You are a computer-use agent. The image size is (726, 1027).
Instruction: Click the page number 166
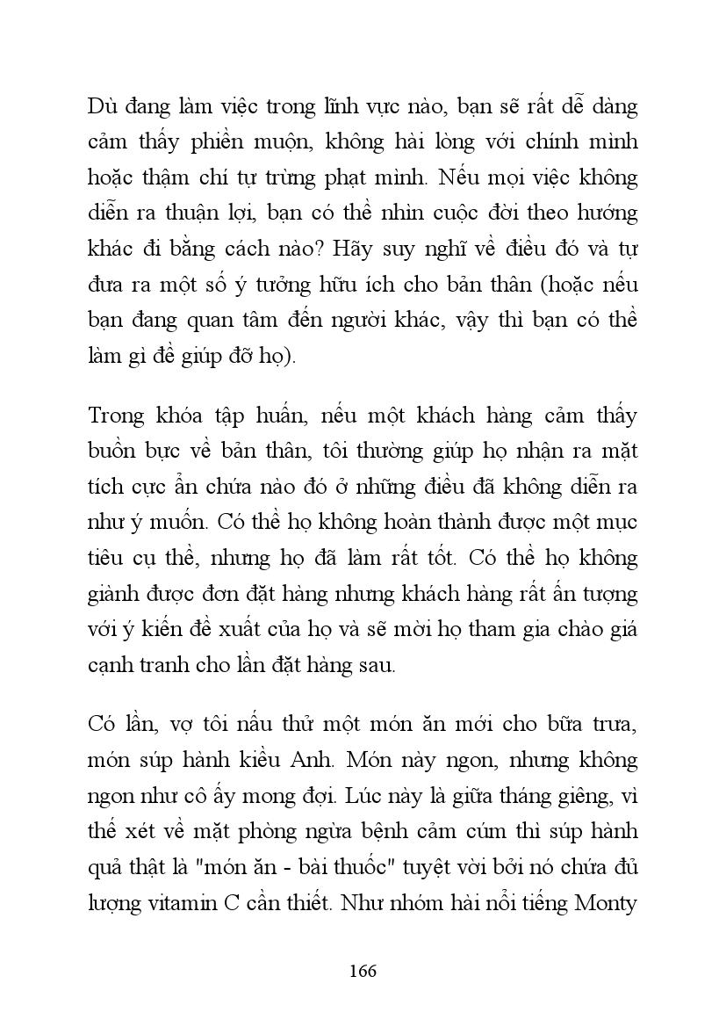363,971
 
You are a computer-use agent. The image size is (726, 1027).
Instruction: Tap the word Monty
606,902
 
